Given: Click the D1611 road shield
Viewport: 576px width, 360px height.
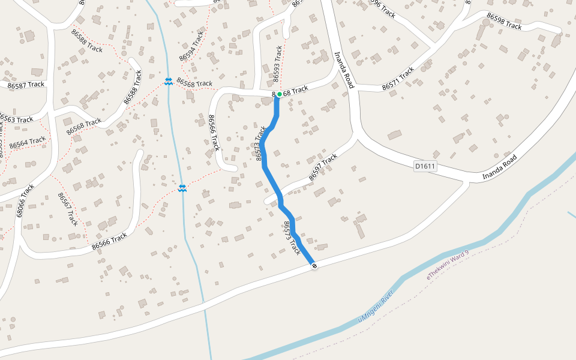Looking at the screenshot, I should coord(425,166).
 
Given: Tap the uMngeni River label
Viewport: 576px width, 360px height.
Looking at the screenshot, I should coord(375,307).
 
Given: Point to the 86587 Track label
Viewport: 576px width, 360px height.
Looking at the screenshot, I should coord(26,85).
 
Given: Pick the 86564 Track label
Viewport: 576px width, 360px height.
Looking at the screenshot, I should coord(28,143).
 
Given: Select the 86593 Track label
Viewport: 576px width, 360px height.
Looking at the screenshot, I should coord(277,64).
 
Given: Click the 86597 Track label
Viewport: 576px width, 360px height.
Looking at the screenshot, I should coord(323,167).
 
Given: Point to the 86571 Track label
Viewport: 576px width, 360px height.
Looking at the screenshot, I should coord(398,79).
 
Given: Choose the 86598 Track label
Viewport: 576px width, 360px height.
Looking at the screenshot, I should coord(504,22).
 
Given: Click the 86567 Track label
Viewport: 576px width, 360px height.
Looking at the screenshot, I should coord(68,209).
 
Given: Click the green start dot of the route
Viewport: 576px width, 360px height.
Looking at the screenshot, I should coord(280,94).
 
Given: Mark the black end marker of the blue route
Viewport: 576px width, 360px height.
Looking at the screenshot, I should coord(314,265).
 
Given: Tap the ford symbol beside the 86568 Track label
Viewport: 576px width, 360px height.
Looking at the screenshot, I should coord(169,81).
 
